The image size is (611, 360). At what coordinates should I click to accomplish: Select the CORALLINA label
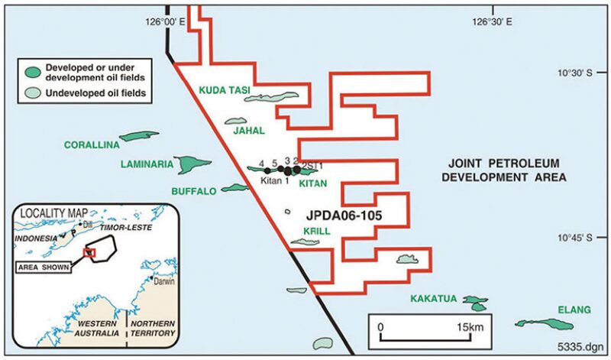90,144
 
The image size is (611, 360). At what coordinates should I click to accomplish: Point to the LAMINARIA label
147,164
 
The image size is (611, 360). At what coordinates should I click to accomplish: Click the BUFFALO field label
194,191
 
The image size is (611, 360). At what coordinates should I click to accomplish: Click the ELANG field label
574,310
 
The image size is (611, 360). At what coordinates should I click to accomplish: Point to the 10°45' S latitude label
574,238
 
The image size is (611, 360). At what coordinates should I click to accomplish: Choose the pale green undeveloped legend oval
33,93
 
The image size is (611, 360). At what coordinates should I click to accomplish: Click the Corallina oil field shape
138,136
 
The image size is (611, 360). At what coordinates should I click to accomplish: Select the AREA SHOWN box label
45,268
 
